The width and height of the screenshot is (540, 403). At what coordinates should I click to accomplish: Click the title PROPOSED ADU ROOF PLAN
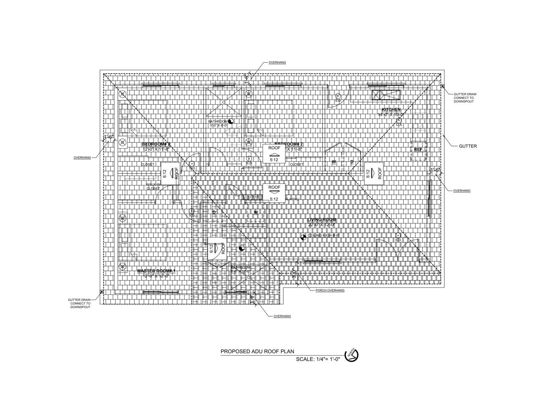(x=257, y=352)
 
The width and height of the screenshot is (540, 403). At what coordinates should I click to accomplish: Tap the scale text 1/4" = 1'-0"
(x=318, y=359)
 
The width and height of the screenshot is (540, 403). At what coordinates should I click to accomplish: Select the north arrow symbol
(x=351, y=355)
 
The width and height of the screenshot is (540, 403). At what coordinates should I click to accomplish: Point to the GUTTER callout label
(x=467, y=146)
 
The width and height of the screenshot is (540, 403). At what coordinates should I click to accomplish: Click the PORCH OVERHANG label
(x=330, y=290)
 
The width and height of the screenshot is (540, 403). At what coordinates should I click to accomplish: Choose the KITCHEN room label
(x=391, y=109)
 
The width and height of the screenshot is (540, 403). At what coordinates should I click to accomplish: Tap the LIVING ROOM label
(x=321, y=220)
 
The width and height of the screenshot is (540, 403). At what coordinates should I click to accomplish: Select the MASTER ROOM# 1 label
(x=156, y=271)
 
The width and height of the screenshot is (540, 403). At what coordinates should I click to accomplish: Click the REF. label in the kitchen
(x=418, y=150)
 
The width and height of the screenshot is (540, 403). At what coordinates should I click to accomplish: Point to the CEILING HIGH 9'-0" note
(x=323, y=236)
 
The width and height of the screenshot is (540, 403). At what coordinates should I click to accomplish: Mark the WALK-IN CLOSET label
(x=153, y=186)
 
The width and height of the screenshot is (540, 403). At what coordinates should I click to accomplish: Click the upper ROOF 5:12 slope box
(x=274, y=154)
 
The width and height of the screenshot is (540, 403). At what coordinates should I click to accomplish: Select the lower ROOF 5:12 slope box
(x=274, y=193)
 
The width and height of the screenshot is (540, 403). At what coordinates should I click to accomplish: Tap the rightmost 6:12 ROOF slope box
(x=374, y=173)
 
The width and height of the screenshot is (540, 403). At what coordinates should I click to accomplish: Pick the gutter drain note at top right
(x=465, y=98)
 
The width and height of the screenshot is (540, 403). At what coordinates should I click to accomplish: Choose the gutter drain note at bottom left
(x=79, y=304)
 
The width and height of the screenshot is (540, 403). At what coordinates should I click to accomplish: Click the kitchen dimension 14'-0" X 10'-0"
(x=391, y=115)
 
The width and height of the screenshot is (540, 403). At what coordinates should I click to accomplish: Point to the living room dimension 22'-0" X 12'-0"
(x=322, y=225)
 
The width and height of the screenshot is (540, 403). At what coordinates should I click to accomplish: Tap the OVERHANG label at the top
(x=277, y=62)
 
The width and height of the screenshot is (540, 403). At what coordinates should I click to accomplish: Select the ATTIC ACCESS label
(x=251, y=196)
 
